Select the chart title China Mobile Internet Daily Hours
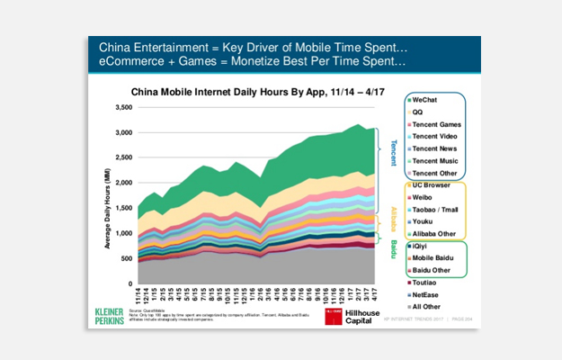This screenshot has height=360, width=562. click(x=248, y=91)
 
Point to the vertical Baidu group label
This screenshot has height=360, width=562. click(x=392, y=249)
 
